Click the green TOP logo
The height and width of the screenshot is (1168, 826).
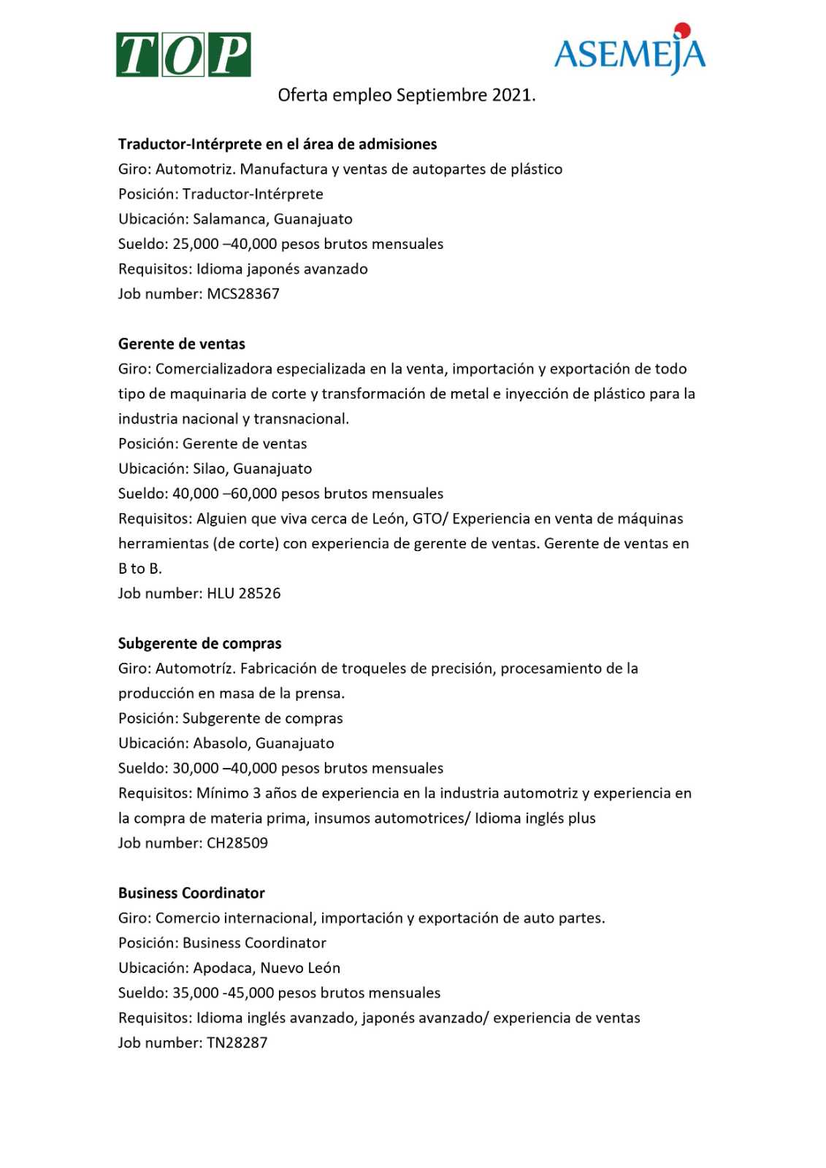(x=183, y=54)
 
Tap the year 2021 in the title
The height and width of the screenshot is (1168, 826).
(x=513, y=95)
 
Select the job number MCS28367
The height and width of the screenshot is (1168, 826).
(x=243, y=294)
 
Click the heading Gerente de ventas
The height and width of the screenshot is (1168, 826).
(x=182, y=344)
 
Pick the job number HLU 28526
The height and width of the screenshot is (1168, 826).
(x=243, y=593)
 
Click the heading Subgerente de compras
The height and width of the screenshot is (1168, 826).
(x=199, y=643)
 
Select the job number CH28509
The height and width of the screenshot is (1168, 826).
(x=237, y=843)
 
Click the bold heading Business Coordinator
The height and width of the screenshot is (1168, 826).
(x=191, y=893)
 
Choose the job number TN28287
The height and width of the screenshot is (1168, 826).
(x=237, y=1043)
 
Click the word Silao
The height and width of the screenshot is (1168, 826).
(x=209, y=469)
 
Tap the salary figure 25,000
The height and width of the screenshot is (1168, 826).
(x=196, y=244)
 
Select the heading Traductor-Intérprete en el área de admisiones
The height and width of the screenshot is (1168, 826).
(x=278, y=144)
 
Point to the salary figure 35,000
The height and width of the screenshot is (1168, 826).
(x=196, y=993)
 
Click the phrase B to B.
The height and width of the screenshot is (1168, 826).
(x=139, y=569)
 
